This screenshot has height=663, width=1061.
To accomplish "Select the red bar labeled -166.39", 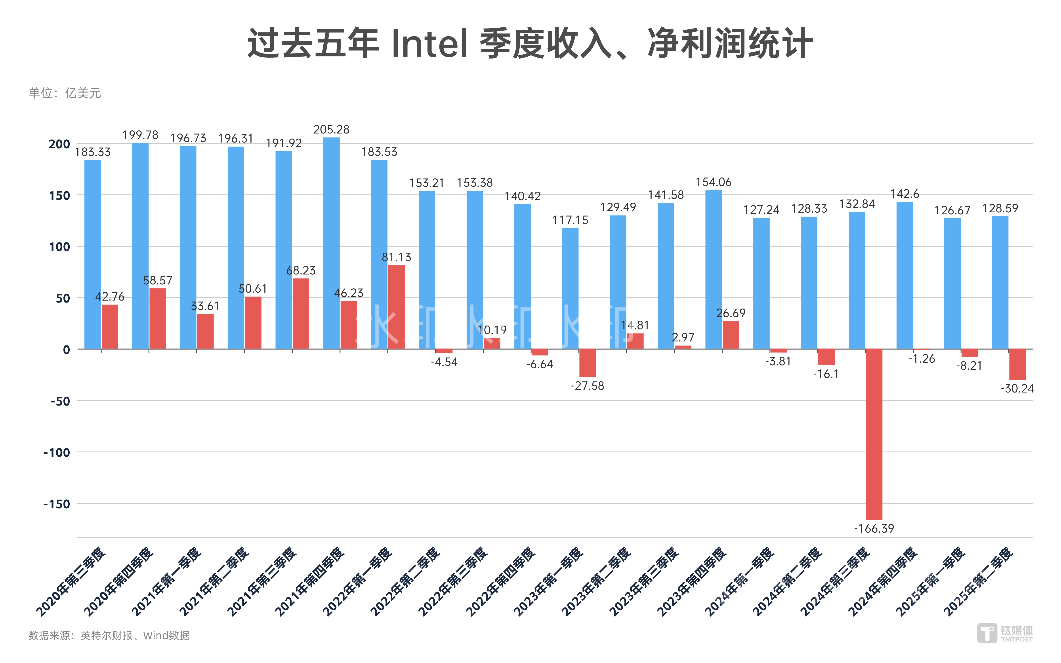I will click(x=874, y=434).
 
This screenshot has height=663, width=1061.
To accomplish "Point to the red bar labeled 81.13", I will click(x=396, y=307).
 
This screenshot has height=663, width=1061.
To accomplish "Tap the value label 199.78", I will click(x=140, y=135).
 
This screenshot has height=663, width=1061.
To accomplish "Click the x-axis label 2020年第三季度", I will click(x=71, y=581).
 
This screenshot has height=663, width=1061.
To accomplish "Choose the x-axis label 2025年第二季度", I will click(x=979, y=581).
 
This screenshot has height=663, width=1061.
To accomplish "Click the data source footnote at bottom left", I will click(x=109, y=635).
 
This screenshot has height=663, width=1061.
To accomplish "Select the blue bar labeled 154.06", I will click(x=713, y=270).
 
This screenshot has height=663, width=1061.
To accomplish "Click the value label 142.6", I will click(x=905, y=194).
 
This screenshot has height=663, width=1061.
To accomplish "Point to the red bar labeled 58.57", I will click(x=157, y=319).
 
